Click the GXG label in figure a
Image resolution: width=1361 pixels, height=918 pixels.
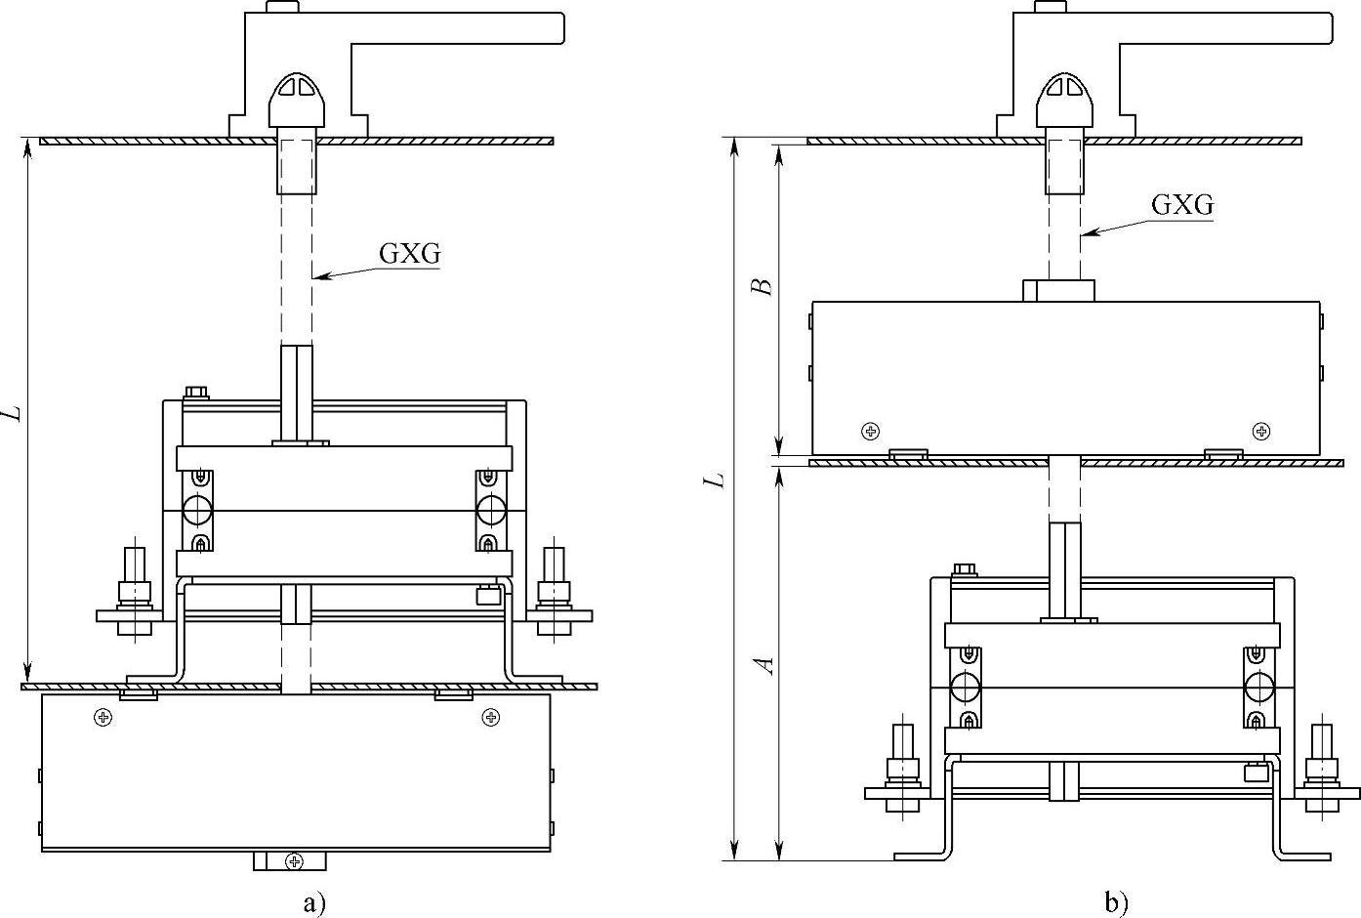[x=410, y=254]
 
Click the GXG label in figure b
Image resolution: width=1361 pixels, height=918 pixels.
[x=1182, y=205]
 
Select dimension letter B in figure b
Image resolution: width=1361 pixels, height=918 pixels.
[x=762, y=286]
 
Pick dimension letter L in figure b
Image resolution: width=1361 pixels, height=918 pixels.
[x=714, y=480]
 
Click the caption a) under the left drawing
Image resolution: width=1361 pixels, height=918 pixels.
[x=314, y=903]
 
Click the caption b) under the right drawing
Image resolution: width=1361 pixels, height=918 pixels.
[x=1116, y=903]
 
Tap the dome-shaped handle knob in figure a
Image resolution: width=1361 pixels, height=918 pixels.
[x=297, y=101]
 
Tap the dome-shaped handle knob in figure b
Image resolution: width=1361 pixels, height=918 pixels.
[x=1064, y=101]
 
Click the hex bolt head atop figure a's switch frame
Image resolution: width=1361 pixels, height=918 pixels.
[x=195, y=393]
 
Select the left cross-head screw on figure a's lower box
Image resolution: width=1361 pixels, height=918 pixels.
[x=103, y=718]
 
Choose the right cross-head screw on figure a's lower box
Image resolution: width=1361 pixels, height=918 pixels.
[x=490, y=718]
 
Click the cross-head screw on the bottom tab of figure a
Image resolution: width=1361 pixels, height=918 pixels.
[x=294, y=861]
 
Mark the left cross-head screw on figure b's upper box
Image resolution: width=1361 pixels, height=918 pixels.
[x=871, y=432]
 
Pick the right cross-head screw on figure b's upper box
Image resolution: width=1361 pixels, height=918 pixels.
[x=1261, y=432]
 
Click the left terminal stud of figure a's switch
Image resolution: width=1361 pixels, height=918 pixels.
[x=135, y=591]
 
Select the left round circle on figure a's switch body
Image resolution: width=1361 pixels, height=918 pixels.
[x=197, y=510]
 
